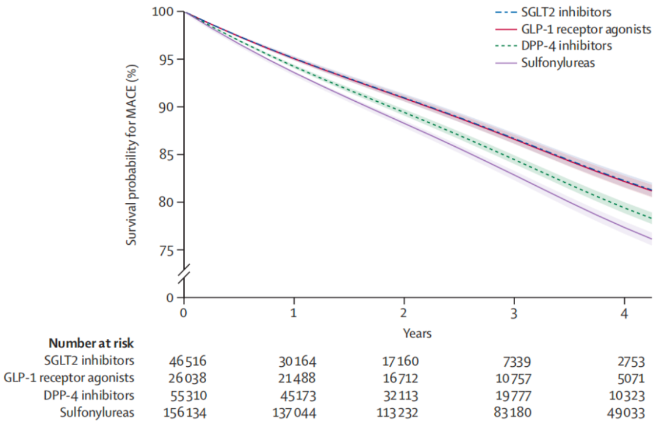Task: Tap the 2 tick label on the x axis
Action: (x=404, y=312)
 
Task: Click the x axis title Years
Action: (x=417, y=333)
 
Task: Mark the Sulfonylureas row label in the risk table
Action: (x=97, y=413)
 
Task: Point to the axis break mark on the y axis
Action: (x=184, y=274)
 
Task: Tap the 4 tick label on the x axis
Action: (x=624, y=312)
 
